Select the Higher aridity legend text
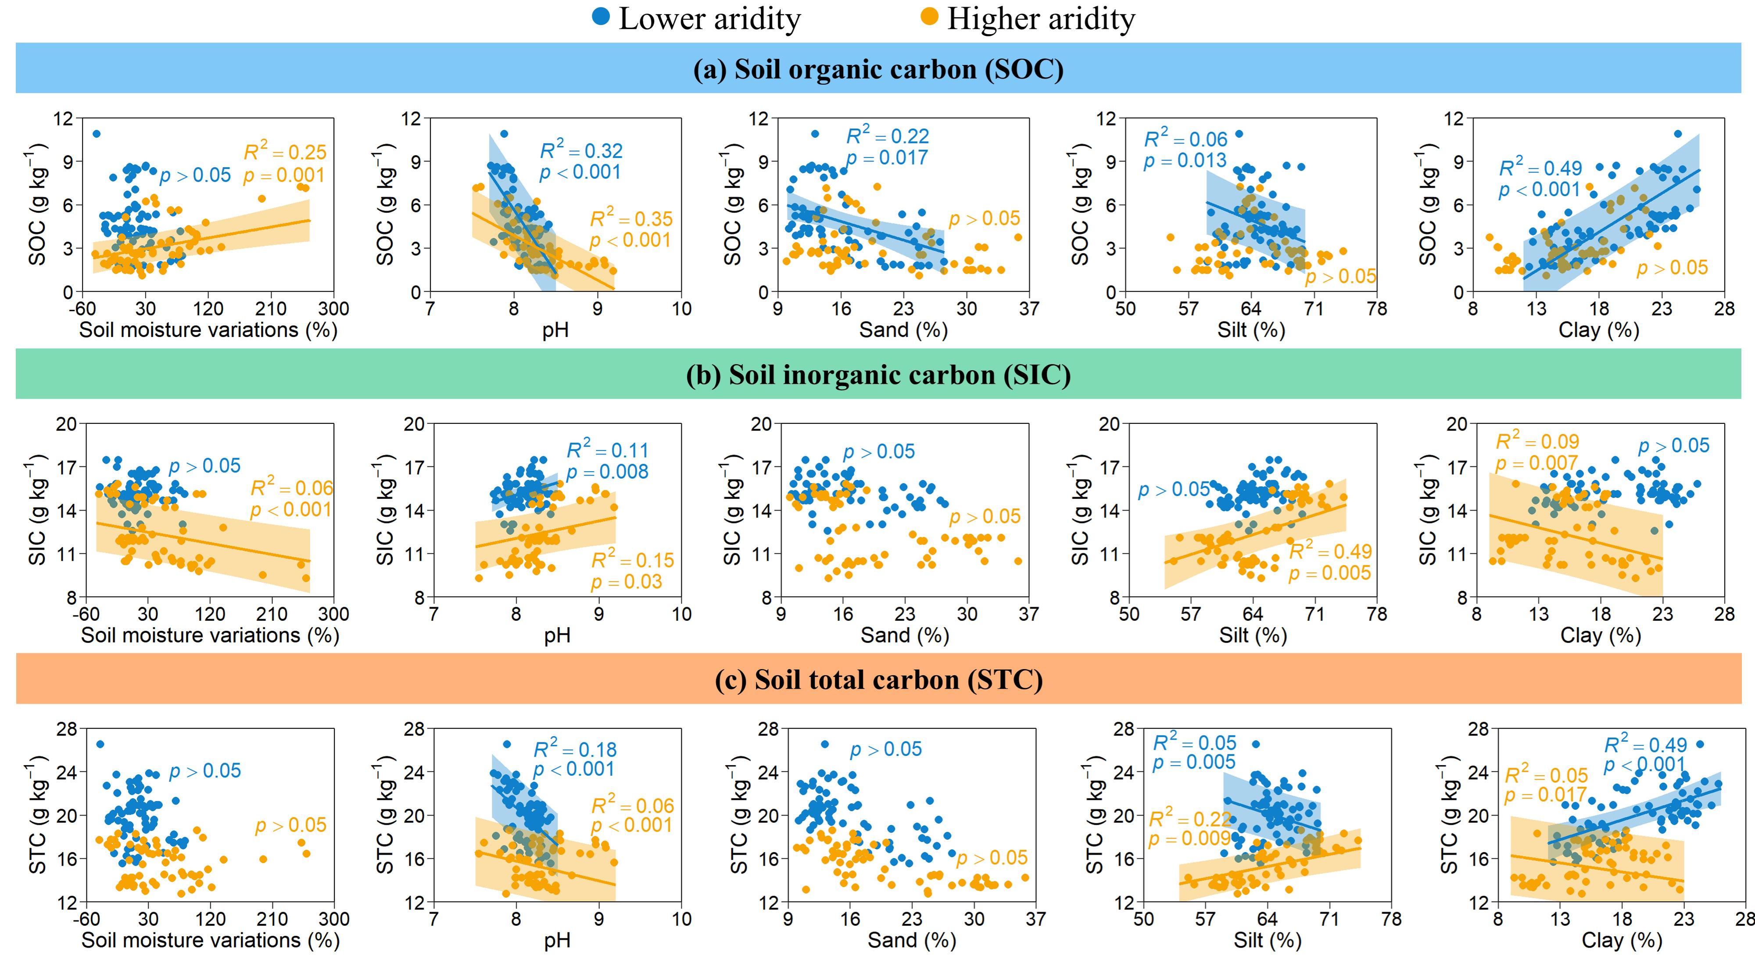click(x=1040, y=19)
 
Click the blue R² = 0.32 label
click(x=581, y=150)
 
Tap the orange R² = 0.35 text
click(x=631, y=218)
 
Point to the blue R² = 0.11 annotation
click(x=608, y=450)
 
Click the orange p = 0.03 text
click(x=626, y=582)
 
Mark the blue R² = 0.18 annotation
click(x=575, y=749)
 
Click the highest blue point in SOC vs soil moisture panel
click(x=96, y=133)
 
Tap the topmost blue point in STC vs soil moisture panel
click(x=100, y=745)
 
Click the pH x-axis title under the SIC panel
click(x=557, y=635)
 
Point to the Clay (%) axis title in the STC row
click(x=1622, y=941)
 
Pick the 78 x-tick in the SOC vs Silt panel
click(x=1376, y=308)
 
